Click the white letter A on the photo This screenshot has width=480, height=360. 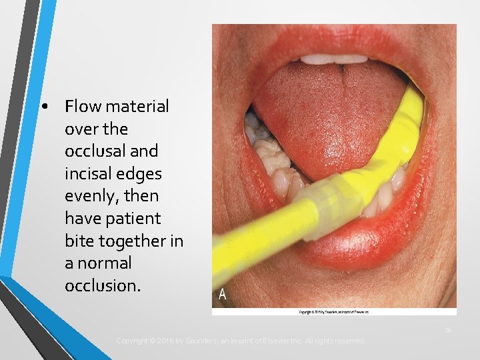(222, 295)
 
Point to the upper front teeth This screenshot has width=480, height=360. (334, 59)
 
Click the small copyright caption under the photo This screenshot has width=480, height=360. (334, 311)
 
